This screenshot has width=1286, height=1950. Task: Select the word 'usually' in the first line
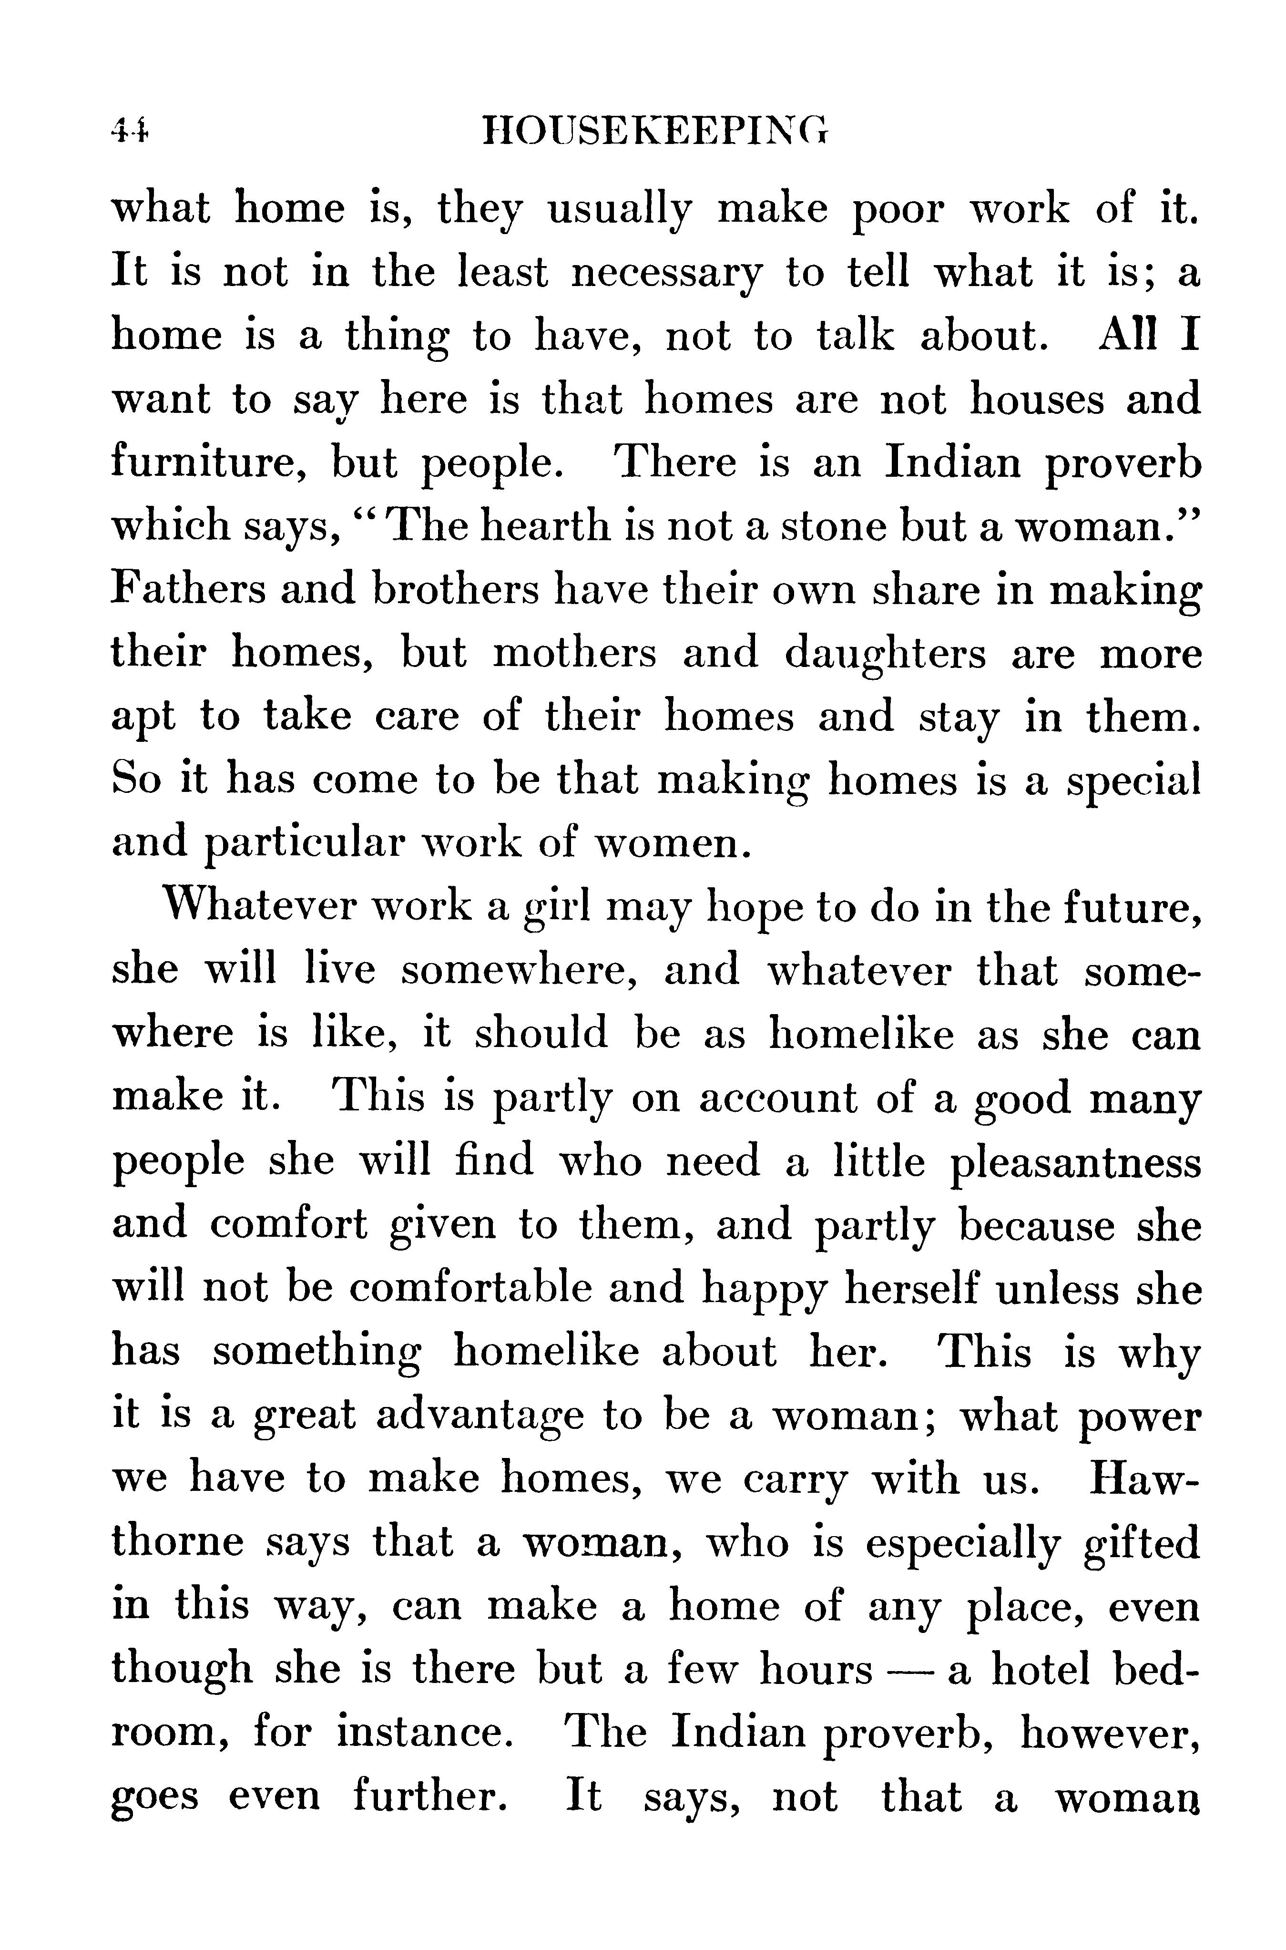pos(618,210)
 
